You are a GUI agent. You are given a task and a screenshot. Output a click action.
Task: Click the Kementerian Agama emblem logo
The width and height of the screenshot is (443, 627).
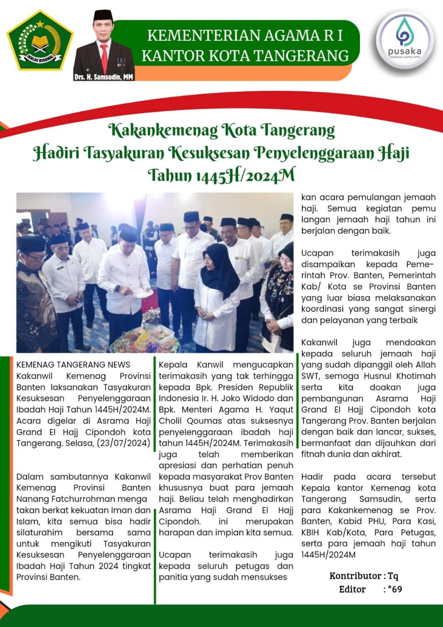40,41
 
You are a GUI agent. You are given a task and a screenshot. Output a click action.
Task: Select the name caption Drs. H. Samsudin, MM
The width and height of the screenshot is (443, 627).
104,77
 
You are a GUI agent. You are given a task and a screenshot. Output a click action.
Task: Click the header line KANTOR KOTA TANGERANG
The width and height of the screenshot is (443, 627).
245,56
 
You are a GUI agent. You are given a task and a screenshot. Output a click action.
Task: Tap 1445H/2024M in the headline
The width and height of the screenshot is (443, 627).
245,175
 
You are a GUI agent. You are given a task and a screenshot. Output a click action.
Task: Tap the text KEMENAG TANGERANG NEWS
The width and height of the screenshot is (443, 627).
73,365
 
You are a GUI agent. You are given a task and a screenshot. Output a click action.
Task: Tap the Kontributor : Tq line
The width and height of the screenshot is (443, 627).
363,576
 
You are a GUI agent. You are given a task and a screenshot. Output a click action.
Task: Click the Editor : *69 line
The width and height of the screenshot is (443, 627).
370,589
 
